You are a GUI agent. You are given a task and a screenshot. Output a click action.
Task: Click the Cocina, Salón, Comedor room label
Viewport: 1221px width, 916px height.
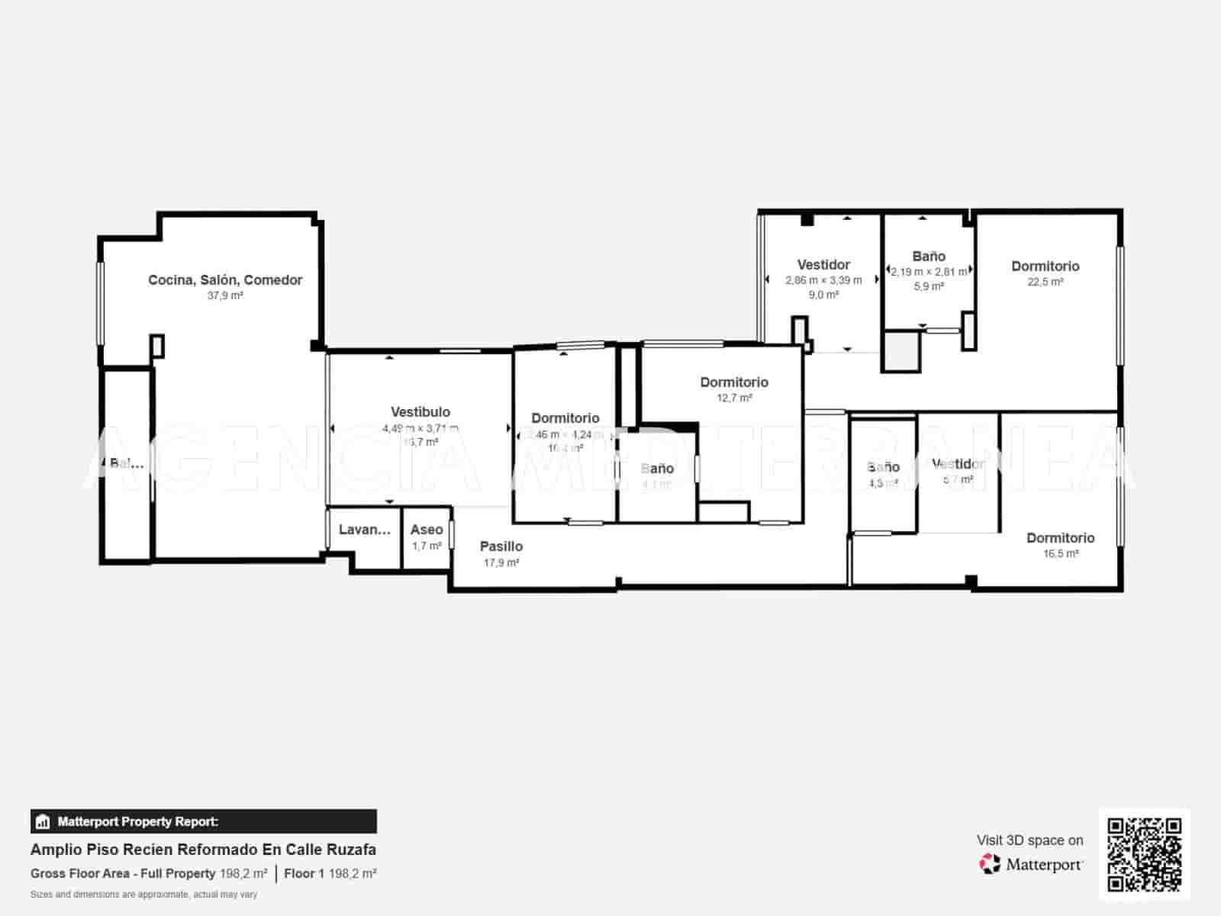225,280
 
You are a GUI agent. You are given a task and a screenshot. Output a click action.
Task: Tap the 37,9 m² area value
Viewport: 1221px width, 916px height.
225,296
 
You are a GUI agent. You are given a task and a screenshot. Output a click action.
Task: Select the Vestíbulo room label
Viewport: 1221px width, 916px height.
420,412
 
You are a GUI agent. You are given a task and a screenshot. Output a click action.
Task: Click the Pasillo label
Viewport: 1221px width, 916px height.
501,547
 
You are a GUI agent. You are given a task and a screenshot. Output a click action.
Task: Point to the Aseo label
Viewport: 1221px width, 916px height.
427,530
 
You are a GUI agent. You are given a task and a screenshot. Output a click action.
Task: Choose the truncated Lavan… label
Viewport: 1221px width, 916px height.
365,530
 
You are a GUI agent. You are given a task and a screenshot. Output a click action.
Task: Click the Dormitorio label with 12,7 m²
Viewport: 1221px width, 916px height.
734,382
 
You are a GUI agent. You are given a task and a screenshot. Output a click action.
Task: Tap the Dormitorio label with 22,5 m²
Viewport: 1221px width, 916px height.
1045,266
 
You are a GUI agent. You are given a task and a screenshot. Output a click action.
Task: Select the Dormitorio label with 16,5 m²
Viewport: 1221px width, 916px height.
1061,538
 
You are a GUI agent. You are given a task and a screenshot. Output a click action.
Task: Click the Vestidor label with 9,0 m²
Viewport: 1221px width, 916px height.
823,265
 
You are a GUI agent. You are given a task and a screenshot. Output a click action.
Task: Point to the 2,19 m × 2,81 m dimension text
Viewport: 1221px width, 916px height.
929,272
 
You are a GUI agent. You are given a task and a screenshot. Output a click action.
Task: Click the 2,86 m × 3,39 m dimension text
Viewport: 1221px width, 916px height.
823,280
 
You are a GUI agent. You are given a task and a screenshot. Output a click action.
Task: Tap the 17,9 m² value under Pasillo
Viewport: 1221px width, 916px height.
501,563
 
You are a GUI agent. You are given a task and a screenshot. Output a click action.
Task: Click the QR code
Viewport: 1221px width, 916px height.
1145,854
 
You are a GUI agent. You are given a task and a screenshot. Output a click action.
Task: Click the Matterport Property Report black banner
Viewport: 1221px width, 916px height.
204,821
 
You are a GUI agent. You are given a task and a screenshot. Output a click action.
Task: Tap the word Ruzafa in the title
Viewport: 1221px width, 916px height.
351,850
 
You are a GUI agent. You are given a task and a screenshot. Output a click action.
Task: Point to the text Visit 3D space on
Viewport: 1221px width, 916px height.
1029,840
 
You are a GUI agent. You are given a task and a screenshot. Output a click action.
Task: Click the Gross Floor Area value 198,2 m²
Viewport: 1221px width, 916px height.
243,873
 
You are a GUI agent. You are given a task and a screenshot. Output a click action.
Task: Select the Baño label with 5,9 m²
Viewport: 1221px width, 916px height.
929,256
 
